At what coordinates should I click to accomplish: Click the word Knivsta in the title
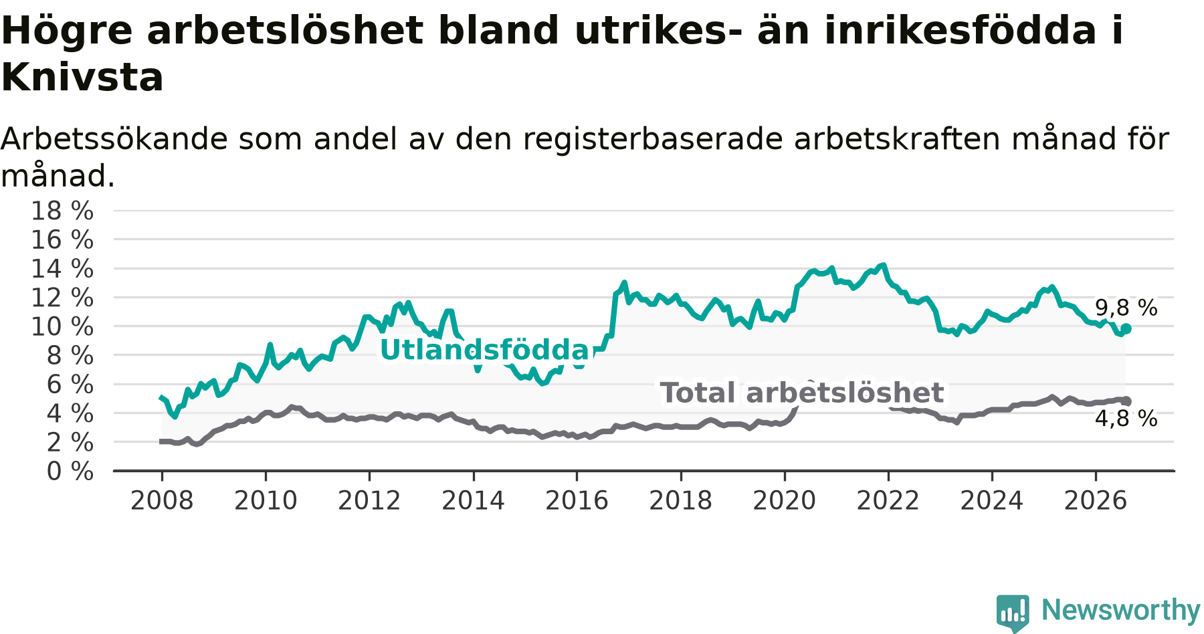(82, 78)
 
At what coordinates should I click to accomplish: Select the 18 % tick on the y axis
(62, 211)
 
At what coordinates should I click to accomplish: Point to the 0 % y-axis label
(70, 471)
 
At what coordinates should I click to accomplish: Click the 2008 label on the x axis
(162, 501)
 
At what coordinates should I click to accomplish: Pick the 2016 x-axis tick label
(577, 501)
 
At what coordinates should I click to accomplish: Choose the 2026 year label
(1096, 501)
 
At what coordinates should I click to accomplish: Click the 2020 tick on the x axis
(785, 501)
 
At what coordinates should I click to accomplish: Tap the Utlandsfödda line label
(484, 350)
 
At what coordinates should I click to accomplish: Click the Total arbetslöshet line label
(802, 393)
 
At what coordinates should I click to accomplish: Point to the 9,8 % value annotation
(1126, 308)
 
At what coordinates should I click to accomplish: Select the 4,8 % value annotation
(1126, 419)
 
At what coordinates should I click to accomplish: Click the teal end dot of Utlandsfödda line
(1126, 328)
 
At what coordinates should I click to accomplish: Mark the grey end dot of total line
(1126, 401)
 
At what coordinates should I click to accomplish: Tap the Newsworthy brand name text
(1121, 610)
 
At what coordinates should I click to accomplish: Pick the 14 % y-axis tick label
(62, 269)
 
